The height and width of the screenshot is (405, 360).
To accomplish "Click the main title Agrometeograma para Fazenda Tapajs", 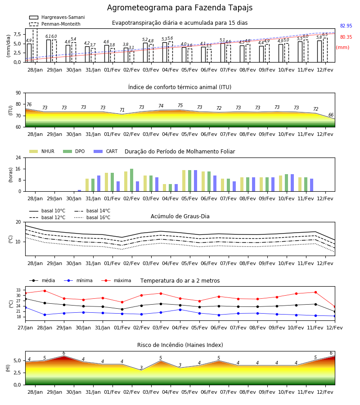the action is pyautogui.click(x=180, y=8).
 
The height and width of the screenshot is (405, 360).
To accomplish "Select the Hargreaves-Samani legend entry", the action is pyautogui.click(x=57, y=17).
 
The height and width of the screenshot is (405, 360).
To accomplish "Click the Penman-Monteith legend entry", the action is pyautogui.click(x=55, y=24).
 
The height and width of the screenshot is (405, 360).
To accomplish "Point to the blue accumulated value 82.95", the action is pyautogui.click(x=346, y=26).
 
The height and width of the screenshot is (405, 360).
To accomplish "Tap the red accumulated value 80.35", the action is pyautogui.click(x=346, y=37).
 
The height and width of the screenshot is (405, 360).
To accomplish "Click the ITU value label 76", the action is pyautogui.click(x=29, y=104).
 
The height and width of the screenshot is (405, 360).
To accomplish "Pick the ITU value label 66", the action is pyautogui.click(x=331, y=115).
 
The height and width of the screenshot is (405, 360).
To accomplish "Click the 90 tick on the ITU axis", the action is pyautogui.click(x=18, y=93).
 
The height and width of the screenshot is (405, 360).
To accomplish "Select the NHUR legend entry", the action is pyautogui.click(x=42, y=151).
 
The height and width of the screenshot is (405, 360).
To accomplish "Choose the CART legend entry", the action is pyautogui.click(x=106, y=151).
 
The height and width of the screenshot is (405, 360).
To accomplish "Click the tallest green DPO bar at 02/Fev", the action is pyautogui.click(x=132, y=180).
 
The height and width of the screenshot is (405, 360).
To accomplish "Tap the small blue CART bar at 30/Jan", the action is pyautogui.click(x=79, y=191).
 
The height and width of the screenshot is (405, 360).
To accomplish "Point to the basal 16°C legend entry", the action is pyautogui.click(x=92, y=217).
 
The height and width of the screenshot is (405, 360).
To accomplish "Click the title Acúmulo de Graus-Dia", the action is pyautogui.click(x=180, y=216).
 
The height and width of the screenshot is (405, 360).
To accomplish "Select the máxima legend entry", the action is pyautogui.click(x=116, y=280).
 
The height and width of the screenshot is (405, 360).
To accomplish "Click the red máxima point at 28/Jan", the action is pyautogui.click(x=45, y=291).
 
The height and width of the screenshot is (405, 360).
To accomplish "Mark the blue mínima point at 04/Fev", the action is pyautogui.click(x=180, y=310).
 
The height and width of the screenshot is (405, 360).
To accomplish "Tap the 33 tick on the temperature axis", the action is pyautogui.click(x=18, y=290).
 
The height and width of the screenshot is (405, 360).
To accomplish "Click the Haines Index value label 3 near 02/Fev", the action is pyautogui.click(x=141, y=368).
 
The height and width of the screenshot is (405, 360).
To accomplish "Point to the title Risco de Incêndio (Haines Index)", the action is pyautogui.click(x=180, y=345).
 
